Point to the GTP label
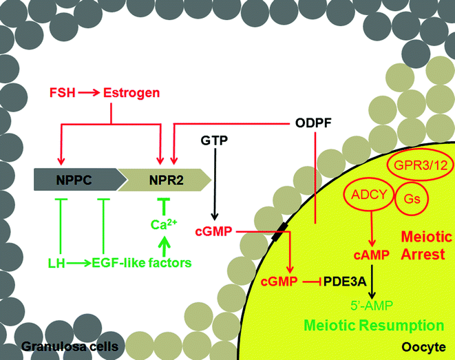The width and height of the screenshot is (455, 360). tap(215, 140)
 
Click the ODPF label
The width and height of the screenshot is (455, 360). tap(314, 124)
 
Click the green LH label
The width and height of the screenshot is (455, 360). tap(61, 262)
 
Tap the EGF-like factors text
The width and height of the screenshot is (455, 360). tap(146, 262)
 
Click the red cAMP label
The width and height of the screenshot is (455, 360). tap(372, 255)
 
